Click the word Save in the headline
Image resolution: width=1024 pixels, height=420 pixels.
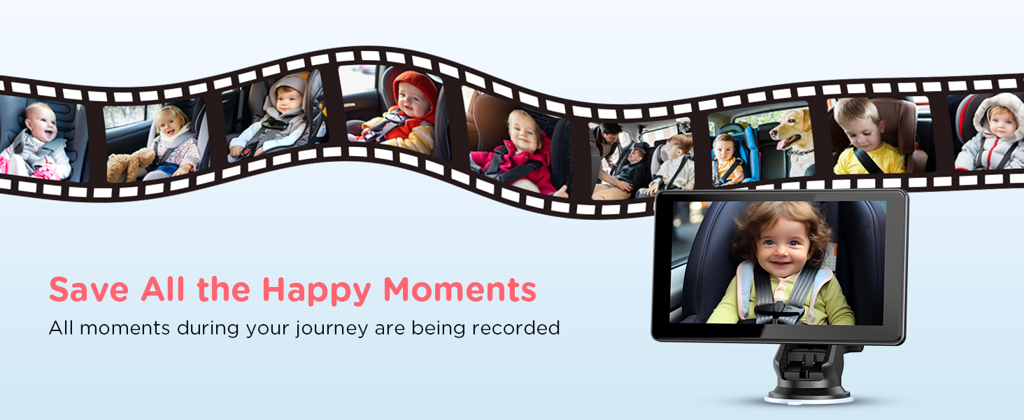89,290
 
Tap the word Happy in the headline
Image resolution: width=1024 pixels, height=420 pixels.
316,291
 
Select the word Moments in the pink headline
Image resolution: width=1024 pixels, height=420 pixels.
460,290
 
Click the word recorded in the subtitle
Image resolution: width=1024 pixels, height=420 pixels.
515,328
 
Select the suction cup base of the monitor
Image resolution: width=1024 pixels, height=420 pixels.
809,395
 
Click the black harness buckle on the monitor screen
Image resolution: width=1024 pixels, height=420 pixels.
778,312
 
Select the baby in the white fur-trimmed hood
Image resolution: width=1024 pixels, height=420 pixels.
992,133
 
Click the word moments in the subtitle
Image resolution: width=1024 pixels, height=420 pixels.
125,328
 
